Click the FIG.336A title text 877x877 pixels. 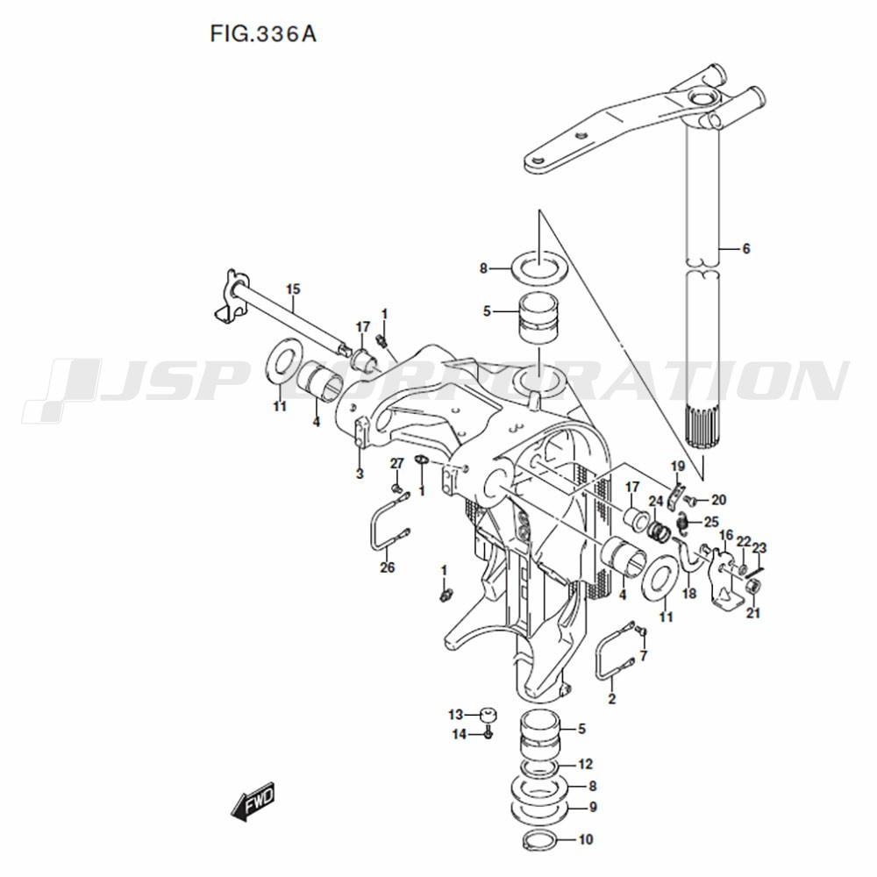(263, 34)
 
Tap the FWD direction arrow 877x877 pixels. (253, 801)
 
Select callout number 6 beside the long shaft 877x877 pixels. (745, 248)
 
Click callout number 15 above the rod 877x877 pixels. (293, 289)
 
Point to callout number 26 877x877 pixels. (387, 567)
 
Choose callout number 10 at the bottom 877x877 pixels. (586, 839)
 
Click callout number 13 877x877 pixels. (456, 715)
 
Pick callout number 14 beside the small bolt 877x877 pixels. (460, 734)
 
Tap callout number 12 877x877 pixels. (585, 764)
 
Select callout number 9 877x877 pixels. (593, 807)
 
